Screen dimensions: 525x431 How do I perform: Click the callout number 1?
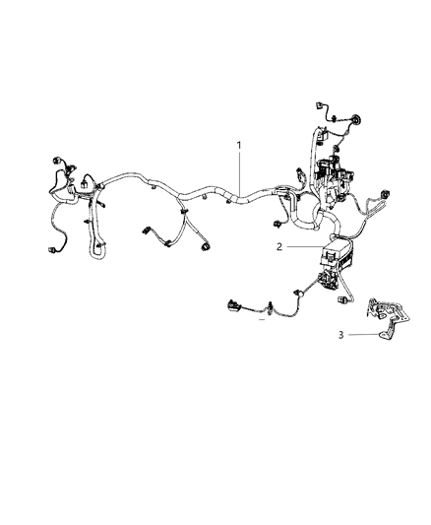click(x=238, y=146)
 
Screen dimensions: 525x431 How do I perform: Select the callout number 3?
click(x=341, y=335)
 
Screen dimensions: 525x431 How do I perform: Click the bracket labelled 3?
click(x=386, y=315)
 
